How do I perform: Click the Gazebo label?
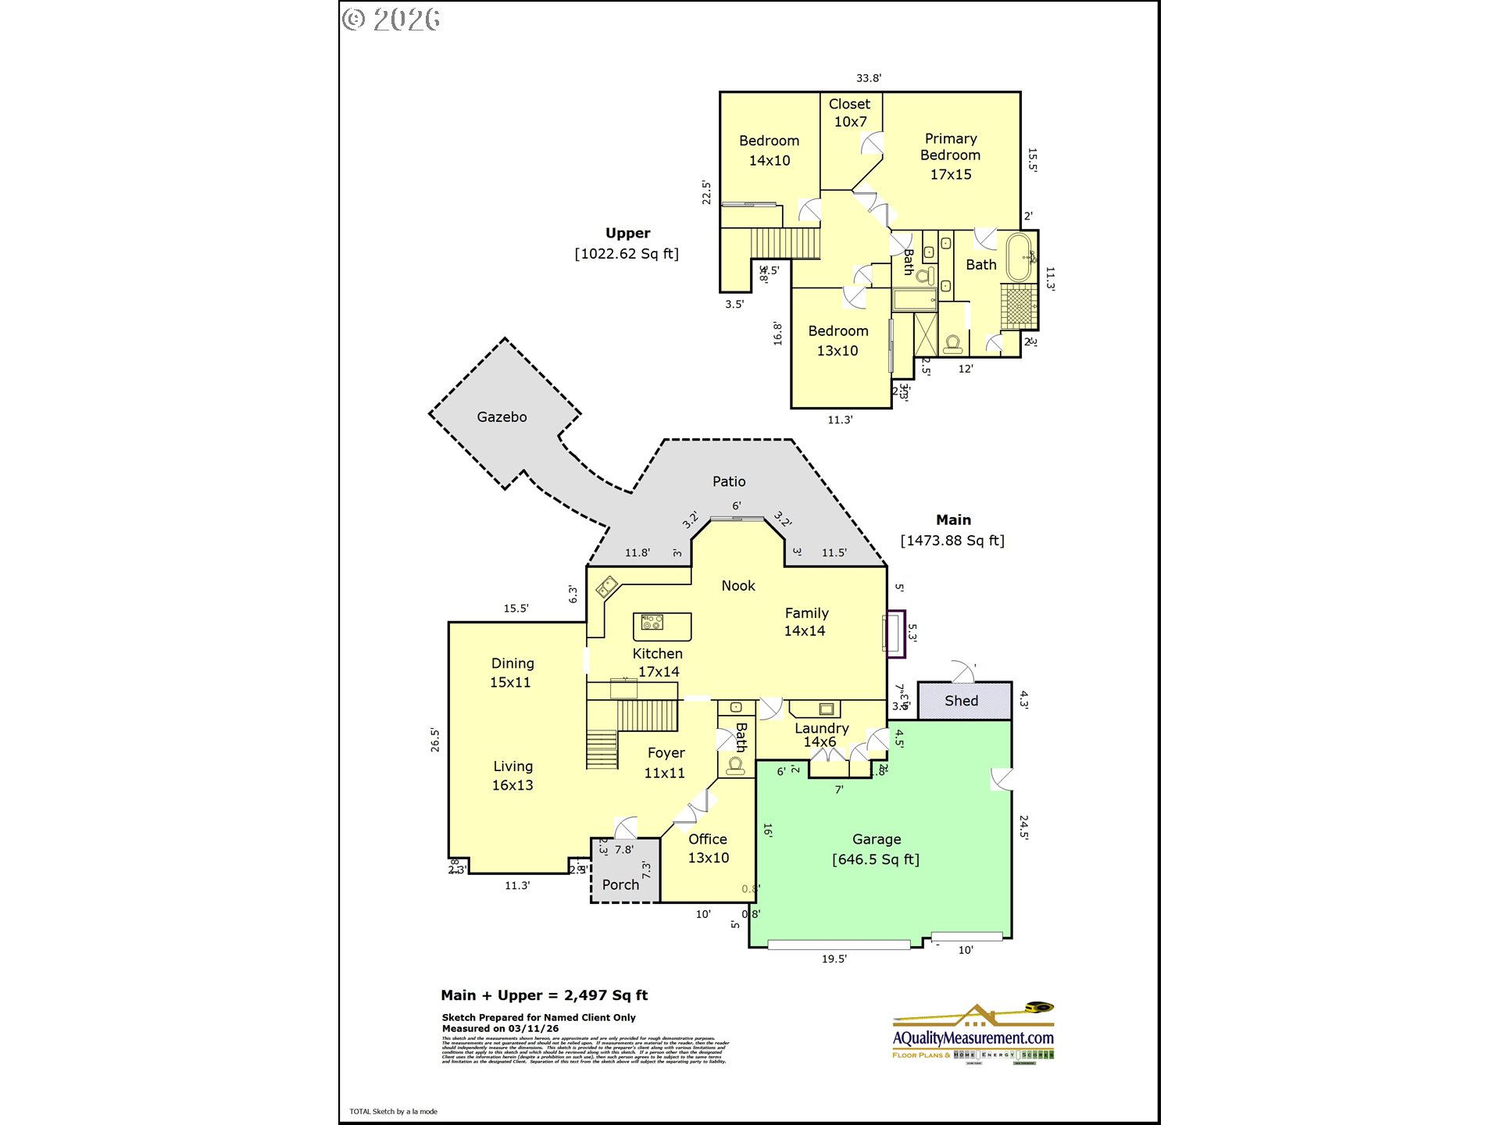click(502, 417)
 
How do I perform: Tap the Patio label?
click(728, 482)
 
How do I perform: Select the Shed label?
click(961, 701)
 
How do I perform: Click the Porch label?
click(620, 885)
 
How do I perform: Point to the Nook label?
click(737, 586)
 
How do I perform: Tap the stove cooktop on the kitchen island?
click(652, 623)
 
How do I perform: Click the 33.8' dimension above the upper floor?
click(868, 78)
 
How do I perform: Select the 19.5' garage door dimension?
click(834, 959)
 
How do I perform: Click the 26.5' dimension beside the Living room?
click(435, 740)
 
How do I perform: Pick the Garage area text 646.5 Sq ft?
click(876, 859)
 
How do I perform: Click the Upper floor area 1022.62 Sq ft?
click(627, 254)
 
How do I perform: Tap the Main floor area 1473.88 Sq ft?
click(952, 541)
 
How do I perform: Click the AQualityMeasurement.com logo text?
click(973, 1038)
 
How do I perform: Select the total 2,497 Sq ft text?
click(605, 995)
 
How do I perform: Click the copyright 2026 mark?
click(391, 20)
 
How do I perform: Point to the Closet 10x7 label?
click(850, 112)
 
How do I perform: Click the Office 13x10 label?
click(708, 848)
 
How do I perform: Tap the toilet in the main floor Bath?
click(736, 764)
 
